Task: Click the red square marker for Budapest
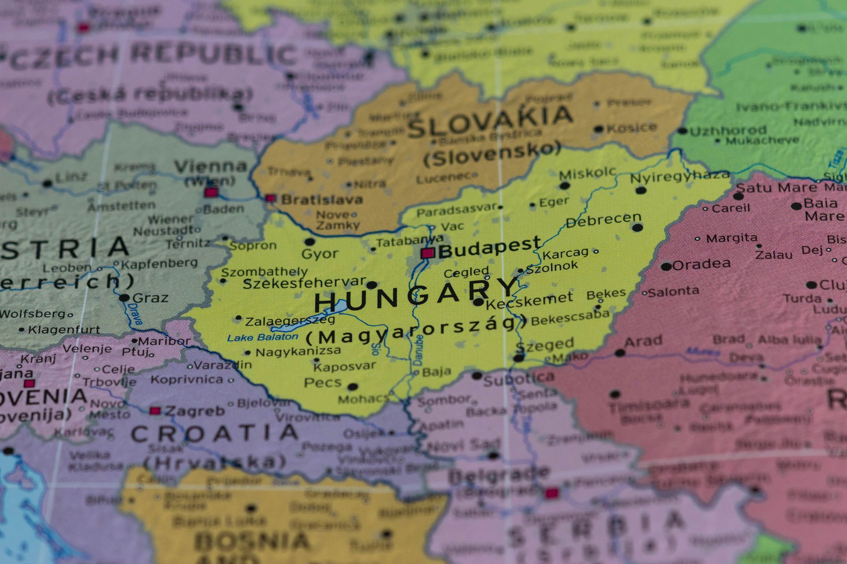pos(427,253)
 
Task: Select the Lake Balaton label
pos(263,337)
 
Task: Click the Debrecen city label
pos(603,220)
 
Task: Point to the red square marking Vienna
pos(211,192)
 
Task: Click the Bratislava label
pos(322,200)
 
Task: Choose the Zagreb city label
pos(195,411)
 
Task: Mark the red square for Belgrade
pos(552,493)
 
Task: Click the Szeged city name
pos(545,346)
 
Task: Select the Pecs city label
pos(323,383)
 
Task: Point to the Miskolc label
pos(588,173)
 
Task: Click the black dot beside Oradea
pos(666,266)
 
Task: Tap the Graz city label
pos(150,298)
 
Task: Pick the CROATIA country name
pos(214,434)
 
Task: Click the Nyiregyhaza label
pos(679,177)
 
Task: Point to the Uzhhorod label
pos(728,130)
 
